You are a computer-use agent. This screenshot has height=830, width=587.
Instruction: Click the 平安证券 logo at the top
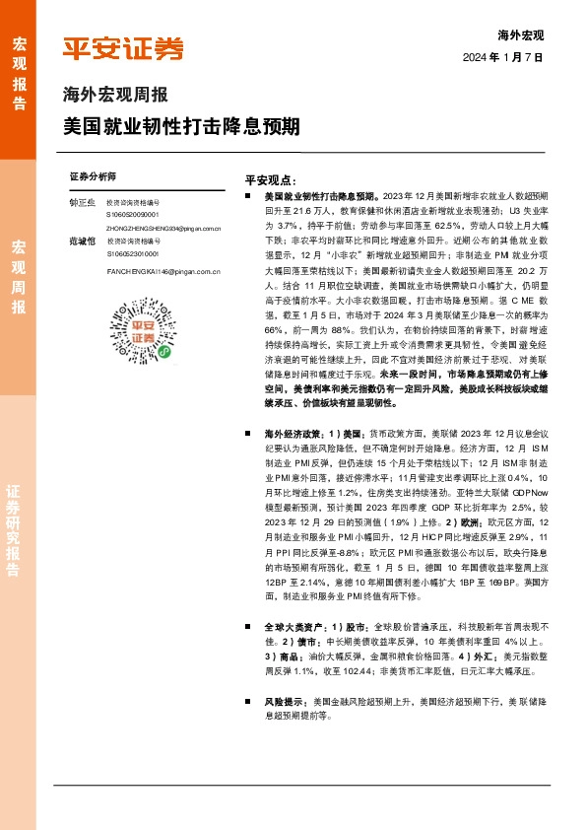tap(123, 48)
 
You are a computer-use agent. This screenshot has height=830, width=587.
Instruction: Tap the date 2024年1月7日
tap(517, 58)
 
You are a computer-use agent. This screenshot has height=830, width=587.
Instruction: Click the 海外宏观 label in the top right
tap(521, 35)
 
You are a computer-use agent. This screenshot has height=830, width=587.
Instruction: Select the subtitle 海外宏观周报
tap(115, 97)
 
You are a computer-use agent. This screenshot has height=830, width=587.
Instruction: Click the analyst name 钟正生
tap(83, 202)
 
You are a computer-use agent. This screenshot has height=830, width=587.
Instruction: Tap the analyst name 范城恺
tap(83, 241)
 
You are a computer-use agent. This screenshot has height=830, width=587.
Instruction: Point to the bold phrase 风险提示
tap(284, 702)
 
